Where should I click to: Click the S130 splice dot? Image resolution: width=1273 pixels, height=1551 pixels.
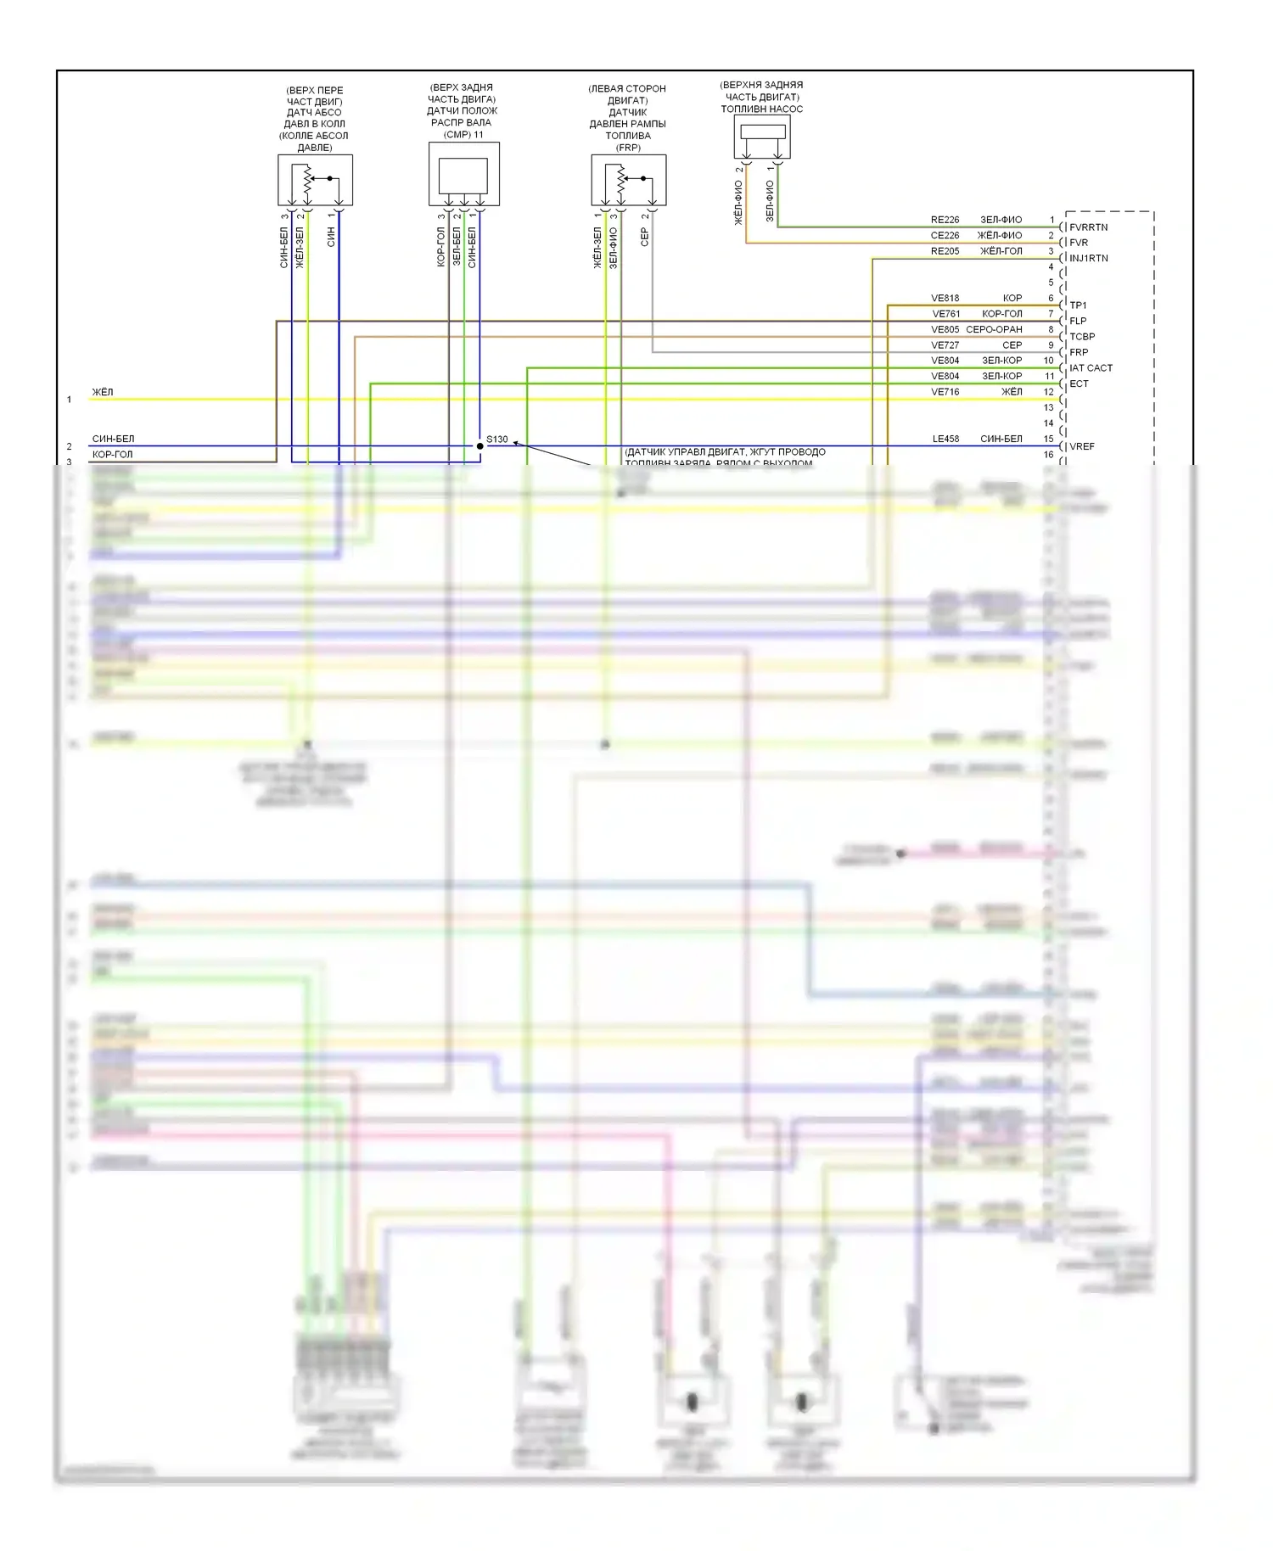point(479,446)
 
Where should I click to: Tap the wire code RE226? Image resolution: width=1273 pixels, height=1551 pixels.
point(945,220)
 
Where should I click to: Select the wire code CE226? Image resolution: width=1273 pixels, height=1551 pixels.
point(945,236)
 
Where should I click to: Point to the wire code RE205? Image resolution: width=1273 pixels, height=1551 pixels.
point(945,251)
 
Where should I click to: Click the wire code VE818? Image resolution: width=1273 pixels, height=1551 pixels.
point(945,299)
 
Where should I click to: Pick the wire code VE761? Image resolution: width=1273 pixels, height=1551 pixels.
point(945,314)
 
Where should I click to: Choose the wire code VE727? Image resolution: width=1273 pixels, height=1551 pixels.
point(945,345)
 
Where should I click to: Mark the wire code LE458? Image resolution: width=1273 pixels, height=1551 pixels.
point(945,440)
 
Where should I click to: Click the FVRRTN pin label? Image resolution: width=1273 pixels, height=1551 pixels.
point(1088,227)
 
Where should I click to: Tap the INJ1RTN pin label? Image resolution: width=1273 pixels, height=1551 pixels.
point(1088,259)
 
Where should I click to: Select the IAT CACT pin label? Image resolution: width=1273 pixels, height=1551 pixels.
point(1091,368)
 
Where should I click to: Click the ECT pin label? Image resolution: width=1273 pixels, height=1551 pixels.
point(1079,384)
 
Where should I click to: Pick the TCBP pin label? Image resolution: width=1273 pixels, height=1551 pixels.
point(1081,337)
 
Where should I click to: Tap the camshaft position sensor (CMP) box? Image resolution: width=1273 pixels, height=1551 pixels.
point(463,174)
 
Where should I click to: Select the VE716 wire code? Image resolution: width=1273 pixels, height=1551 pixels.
point(945,392)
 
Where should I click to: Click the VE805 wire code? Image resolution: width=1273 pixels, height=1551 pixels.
point(945,330)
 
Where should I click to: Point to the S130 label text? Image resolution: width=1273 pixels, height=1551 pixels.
point(497,440)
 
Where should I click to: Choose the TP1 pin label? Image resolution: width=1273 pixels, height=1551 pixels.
point(1078,305)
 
